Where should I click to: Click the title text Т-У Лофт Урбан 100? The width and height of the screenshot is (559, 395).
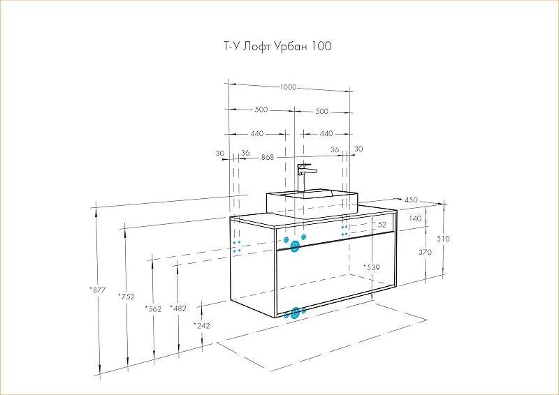click(x=277, y=47)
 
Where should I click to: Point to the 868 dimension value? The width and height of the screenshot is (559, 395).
click(x=267, y=157)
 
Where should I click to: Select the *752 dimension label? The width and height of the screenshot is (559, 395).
click(x=126, y=297)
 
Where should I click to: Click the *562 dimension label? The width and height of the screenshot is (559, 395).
click(x=152, y=308)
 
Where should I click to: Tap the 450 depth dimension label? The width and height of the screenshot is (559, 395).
click(x=411, y=200)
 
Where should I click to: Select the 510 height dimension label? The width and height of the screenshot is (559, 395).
click(x=443, y=239)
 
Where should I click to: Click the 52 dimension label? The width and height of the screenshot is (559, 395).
click(x=382, y=225)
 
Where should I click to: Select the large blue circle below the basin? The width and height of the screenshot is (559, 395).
click(x=295, y=245)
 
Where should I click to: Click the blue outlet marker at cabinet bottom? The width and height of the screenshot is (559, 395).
click(x=296, y=312)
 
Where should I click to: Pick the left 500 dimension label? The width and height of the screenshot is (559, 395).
click(x=261, y=111)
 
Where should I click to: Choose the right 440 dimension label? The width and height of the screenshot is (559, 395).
click(x=326, y=133)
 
